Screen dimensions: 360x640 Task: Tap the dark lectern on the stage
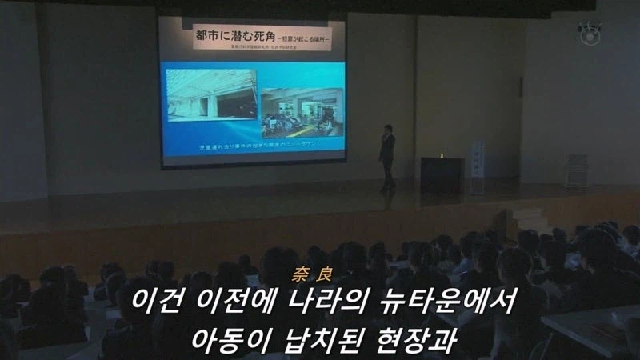coord(442,174)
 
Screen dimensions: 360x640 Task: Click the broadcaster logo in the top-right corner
coord(590,33)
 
